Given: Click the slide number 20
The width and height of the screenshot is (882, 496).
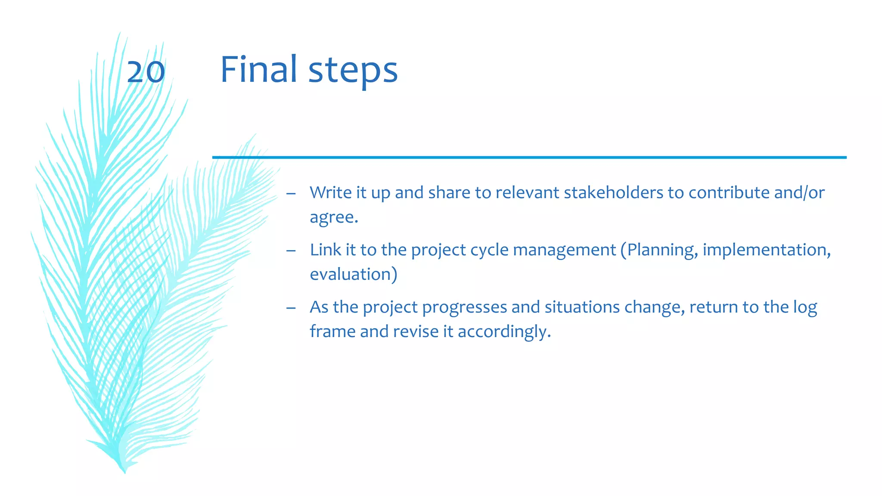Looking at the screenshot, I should point(146,72).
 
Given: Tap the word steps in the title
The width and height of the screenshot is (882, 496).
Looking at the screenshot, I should point(353,71).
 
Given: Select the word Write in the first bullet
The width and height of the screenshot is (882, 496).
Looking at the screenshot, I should point(330,192).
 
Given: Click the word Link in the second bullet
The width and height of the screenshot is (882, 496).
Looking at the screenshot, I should point(325,250).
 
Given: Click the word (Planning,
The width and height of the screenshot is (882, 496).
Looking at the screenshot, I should point(659,250).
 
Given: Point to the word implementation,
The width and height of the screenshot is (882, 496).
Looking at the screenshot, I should point(767,250).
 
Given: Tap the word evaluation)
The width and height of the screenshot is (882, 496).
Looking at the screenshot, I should point(353,274).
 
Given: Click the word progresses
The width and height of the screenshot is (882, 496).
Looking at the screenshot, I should point(464,307).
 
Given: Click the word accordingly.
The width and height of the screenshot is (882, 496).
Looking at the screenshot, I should point(504,332).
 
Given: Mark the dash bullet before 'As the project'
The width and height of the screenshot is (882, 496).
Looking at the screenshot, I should point(291,308).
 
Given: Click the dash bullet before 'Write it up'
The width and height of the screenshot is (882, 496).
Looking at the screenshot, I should point(291,193).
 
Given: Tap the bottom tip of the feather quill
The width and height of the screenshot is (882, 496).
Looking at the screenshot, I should point(124,472).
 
